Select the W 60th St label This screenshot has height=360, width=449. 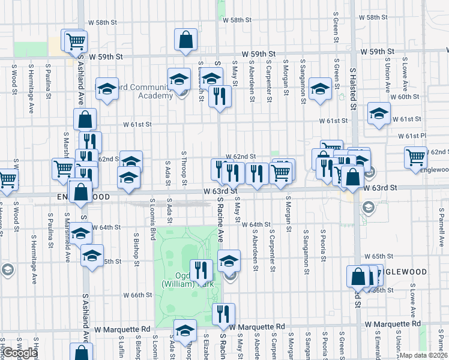tap(404, 97)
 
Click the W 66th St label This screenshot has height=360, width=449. tap(138, 295)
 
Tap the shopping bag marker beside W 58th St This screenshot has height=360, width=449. tap(185, 40)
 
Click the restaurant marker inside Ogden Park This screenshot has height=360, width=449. tap(201, 271)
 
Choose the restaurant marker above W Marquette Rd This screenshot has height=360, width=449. tap(223, 314)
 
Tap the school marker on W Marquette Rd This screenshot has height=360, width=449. tap(185, 330)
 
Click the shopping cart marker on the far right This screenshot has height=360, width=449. tap(415, 157)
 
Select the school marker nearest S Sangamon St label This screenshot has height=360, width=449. tap(320, 90)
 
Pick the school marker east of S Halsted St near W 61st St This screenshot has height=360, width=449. tap(379, 113)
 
